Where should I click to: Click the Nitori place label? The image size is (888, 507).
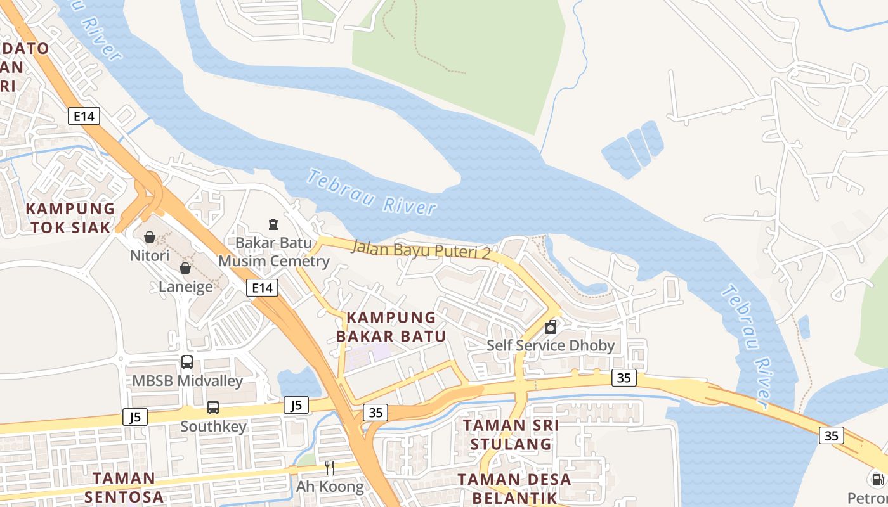[x=150, y=256]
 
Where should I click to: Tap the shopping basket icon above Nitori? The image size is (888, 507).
[x=150, y=237]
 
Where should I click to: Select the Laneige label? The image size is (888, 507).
[x=185, y=286]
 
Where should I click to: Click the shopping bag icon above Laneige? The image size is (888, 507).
[x=185, y=268]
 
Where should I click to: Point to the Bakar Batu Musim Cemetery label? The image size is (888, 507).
[x=273, y=252]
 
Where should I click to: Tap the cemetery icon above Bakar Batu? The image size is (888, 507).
[x=273, y=224]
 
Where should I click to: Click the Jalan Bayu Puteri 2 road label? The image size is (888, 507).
[x=421, y=248]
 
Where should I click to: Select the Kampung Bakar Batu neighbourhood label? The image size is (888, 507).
[x=391, y=326]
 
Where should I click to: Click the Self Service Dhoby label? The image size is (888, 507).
[x=551, y=345]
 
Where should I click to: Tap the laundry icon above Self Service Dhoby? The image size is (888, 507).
[x=551, y=327]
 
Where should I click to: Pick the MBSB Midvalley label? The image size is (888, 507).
[x=187, y=381]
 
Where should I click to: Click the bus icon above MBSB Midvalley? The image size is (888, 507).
[x=187, y=362]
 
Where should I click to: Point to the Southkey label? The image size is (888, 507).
[x=213, y=427]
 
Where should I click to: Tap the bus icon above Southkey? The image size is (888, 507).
[x=213, y=408]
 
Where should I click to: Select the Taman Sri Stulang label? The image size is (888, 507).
[x=511, y=434]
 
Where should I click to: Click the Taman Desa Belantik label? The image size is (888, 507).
[x=514, y=488]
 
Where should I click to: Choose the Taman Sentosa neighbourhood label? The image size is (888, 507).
[x=124, y=487]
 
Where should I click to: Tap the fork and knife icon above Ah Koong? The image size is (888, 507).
[x=330, y=468]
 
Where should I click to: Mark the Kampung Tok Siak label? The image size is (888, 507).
[x=70, y=217]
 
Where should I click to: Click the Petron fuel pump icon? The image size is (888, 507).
[x=877, y=480]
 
